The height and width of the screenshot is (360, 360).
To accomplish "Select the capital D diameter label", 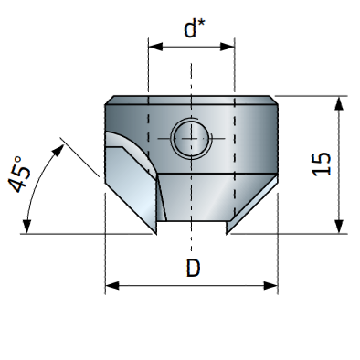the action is coord(193,268).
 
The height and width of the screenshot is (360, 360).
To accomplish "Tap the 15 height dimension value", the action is coord(322,164).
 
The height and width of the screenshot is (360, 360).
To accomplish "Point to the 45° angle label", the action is coord(19,175).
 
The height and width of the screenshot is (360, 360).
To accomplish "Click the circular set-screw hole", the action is coord(191,138).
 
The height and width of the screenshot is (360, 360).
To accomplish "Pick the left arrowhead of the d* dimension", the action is coord(155,47).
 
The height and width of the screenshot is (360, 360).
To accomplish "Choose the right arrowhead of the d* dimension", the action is coord(228,47).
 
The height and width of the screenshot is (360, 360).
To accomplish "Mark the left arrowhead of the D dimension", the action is coord(112,286).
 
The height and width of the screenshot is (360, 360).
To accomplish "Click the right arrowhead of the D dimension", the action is coord(270,286).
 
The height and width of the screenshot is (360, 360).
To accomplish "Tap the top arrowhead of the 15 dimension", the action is coord(339,103).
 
